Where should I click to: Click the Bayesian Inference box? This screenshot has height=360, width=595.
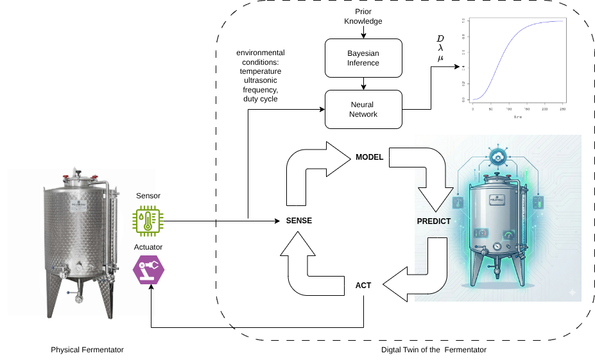(363, 58)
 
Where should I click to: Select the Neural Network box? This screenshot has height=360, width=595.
(363, 109)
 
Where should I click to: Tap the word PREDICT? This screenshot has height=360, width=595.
(434, 221)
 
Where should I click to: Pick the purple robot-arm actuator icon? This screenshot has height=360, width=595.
(148, 270)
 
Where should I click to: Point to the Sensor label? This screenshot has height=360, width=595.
(148, 196)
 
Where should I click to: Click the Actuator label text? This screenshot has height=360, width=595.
(148, 247)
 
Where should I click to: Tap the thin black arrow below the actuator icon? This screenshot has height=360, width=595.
(151, 305)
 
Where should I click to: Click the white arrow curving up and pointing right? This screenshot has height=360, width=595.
(315, 170)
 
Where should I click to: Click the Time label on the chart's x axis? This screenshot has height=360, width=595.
(517, 117)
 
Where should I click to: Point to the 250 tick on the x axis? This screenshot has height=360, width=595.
(563, 109)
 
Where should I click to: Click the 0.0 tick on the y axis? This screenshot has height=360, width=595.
(463, 100)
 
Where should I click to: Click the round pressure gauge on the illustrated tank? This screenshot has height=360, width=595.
(497, 246)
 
